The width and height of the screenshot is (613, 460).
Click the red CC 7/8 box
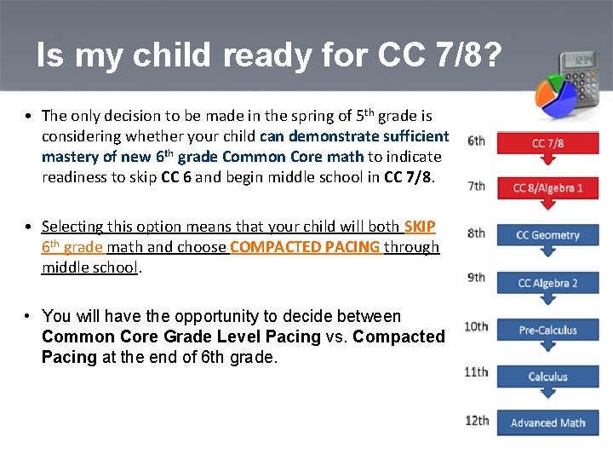coord(547,143)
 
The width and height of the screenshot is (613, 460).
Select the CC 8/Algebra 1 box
coord(547,188)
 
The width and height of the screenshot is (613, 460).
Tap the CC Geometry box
coord(547,235)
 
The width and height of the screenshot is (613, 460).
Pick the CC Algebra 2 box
coord(547,283)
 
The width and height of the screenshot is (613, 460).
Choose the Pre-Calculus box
coord(547,330)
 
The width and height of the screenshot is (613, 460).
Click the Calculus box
coord(547,377)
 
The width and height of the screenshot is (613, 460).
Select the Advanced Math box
coord(547,423)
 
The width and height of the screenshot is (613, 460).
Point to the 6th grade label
coord(477,141)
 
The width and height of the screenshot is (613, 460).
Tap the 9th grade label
coord(477,277)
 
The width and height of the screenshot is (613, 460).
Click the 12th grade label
coord(477,420)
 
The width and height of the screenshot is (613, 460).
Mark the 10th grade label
coord(476,325)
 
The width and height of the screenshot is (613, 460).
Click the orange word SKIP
coord(420,227)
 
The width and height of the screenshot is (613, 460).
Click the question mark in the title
coord(491,56)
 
